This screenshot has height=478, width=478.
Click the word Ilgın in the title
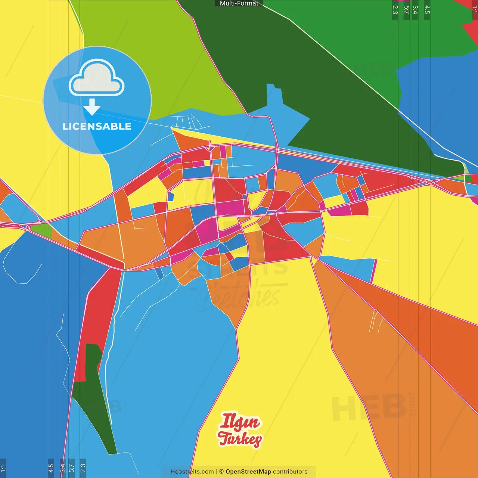(x=240, y=422)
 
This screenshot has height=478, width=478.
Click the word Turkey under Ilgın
(x=240, y=439)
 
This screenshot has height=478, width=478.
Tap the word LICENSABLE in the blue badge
(x=97, y=127)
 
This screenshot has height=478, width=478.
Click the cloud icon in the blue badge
(x=97, y=78)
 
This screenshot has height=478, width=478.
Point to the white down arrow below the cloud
(x=92, y=107)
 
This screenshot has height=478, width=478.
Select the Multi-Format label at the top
(x=239, y=3)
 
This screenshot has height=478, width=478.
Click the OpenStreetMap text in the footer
(x=248, y=472)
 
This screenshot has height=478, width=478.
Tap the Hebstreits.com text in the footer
(x=192, y=472)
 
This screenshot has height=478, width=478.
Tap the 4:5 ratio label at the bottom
(x=51, y=468)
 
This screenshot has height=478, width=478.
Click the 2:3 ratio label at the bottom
(x=83, y=468)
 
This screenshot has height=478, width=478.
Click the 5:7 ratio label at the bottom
(x=71, y=468)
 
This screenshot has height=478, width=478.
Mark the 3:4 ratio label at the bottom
(x=63, y=468)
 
